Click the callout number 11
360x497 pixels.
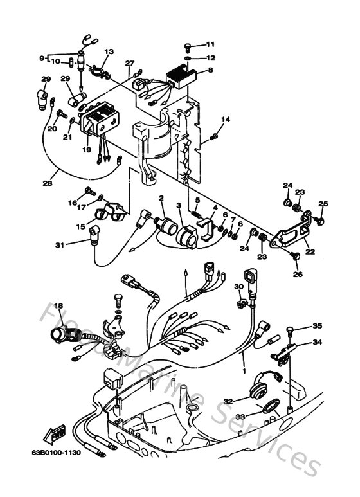pyautogui.click(x=211, y=44)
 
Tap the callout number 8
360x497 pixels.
pyautogui.click(x=210, y=70)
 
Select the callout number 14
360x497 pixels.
pyautogui.click(x=226, y=120)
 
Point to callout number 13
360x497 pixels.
pyautogui.click(x=109, y=51)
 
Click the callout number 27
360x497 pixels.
pyautogui.click(x=130, y=63)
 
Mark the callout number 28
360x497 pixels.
pyautogui.click(x=47, y=183)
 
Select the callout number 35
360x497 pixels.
pyautogui.click(x=317, y=326)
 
